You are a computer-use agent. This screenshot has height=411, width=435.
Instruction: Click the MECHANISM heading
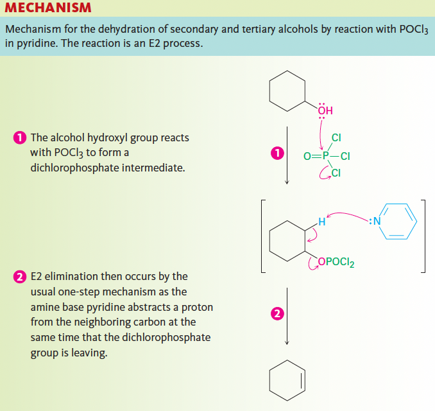point(48,8)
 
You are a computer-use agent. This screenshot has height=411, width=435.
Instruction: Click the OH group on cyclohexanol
point(325,110)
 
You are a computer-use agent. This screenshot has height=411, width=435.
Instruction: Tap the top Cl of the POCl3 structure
point(336,137)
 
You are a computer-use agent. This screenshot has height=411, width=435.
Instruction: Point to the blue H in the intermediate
point(321,222)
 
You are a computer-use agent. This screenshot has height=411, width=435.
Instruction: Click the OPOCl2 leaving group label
point(335,262)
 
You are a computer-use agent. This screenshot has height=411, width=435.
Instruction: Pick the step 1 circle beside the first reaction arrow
point(277,153)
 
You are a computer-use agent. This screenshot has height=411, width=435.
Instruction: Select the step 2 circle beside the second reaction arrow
point(277,314)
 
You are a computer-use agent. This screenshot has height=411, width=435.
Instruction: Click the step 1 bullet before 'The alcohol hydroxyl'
point(19,138)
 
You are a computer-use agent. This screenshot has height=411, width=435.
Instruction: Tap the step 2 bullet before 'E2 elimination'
point(19,277)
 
